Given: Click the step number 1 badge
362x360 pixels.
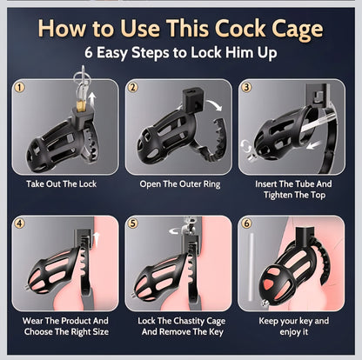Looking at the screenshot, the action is [20, 88].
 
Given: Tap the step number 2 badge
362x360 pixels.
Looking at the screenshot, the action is [133, 87].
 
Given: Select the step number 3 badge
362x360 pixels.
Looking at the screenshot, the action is [247, 87].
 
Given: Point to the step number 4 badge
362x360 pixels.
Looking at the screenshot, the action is [20, 223].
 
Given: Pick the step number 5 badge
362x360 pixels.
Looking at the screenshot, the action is [133, 223].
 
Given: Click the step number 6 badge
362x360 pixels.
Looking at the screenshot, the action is [246, 223].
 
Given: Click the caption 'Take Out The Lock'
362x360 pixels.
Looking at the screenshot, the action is [62, 183].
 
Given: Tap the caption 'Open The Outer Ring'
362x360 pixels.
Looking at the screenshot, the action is [180, 184].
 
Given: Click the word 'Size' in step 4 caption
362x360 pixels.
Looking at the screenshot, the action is [100, 331].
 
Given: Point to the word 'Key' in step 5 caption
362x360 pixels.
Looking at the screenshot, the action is [217, 331].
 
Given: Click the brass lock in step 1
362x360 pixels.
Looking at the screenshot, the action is [82, 105].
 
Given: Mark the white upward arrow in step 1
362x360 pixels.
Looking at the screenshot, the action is [92, 101].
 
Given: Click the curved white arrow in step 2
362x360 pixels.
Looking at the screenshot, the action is [214, 105].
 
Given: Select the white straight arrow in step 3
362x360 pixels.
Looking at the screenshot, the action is [314, 144].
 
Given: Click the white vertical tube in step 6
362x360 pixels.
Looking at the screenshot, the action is [251, 268].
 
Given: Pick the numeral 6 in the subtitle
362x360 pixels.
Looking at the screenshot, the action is [89, 53].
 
